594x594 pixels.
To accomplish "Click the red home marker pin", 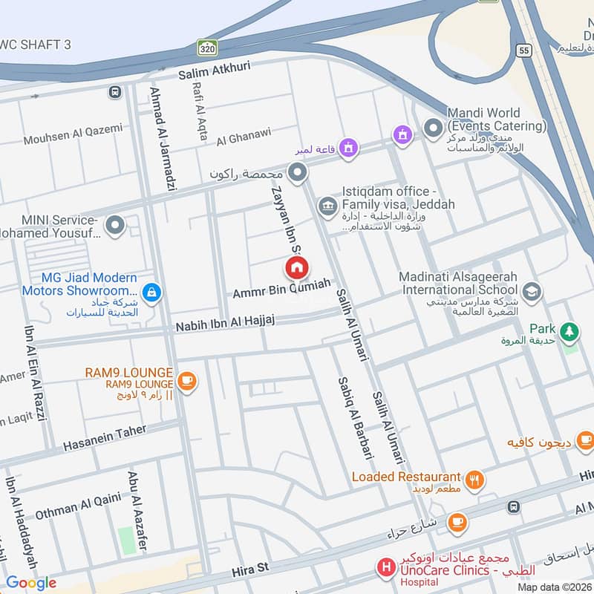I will (x=297, y=267).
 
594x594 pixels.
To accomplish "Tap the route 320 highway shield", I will (x=207, y=48).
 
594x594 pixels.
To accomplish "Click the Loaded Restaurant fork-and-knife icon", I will (x=475, y=480).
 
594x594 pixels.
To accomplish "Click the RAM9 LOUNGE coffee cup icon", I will (x=187, y=380).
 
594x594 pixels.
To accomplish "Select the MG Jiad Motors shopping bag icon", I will (x=151, y=293).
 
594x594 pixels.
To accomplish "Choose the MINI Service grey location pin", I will (x=114, y=223).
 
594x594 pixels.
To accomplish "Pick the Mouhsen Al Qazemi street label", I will (x=73, y=133).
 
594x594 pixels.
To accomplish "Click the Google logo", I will (x=30, y=583).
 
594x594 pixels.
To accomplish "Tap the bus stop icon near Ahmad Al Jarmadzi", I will (x=114, y=92).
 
